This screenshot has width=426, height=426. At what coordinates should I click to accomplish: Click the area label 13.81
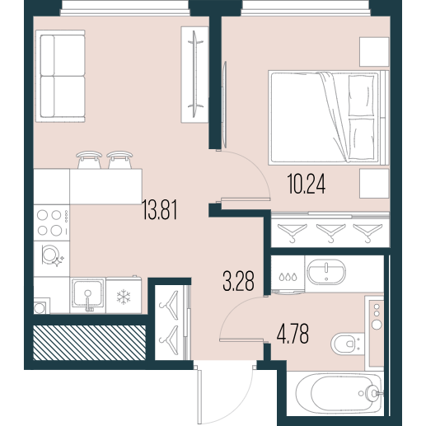[x=160, y=210]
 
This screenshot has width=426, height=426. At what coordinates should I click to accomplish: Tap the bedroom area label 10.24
[x=307, y=185]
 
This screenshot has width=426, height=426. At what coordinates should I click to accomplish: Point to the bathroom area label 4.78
[x=293, y=334]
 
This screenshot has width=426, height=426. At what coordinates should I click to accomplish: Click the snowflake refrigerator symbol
[x=124, y=297]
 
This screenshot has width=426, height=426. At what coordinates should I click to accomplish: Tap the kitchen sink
[x=88, y=296]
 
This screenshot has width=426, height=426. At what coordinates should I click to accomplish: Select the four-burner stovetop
[x=51, y=222]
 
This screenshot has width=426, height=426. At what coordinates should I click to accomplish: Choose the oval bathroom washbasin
[x=326, y=272]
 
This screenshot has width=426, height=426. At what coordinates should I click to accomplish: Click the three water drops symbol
[x=288, y=277]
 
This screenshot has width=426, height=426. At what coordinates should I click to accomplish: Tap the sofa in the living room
[x=60, y=76]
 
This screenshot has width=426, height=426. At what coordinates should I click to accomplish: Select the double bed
[x=329, y=118]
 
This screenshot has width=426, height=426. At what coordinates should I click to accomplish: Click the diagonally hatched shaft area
[x=89, y=343]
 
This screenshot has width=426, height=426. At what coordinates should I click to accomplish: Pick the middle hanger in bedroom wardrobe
[x=330, y=232]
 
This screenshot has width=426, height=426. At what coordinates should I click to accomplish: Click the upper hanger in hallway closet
[x=169, y=305]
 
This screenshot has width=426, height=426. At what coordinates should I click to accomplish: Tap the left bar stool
[x=89, y=160]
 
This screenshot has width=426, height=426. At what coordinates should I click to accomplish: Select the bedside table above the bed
[x=374, y=51]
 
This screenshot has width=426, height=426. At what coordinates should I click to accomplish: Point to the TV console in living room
[x=194, y=74]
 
